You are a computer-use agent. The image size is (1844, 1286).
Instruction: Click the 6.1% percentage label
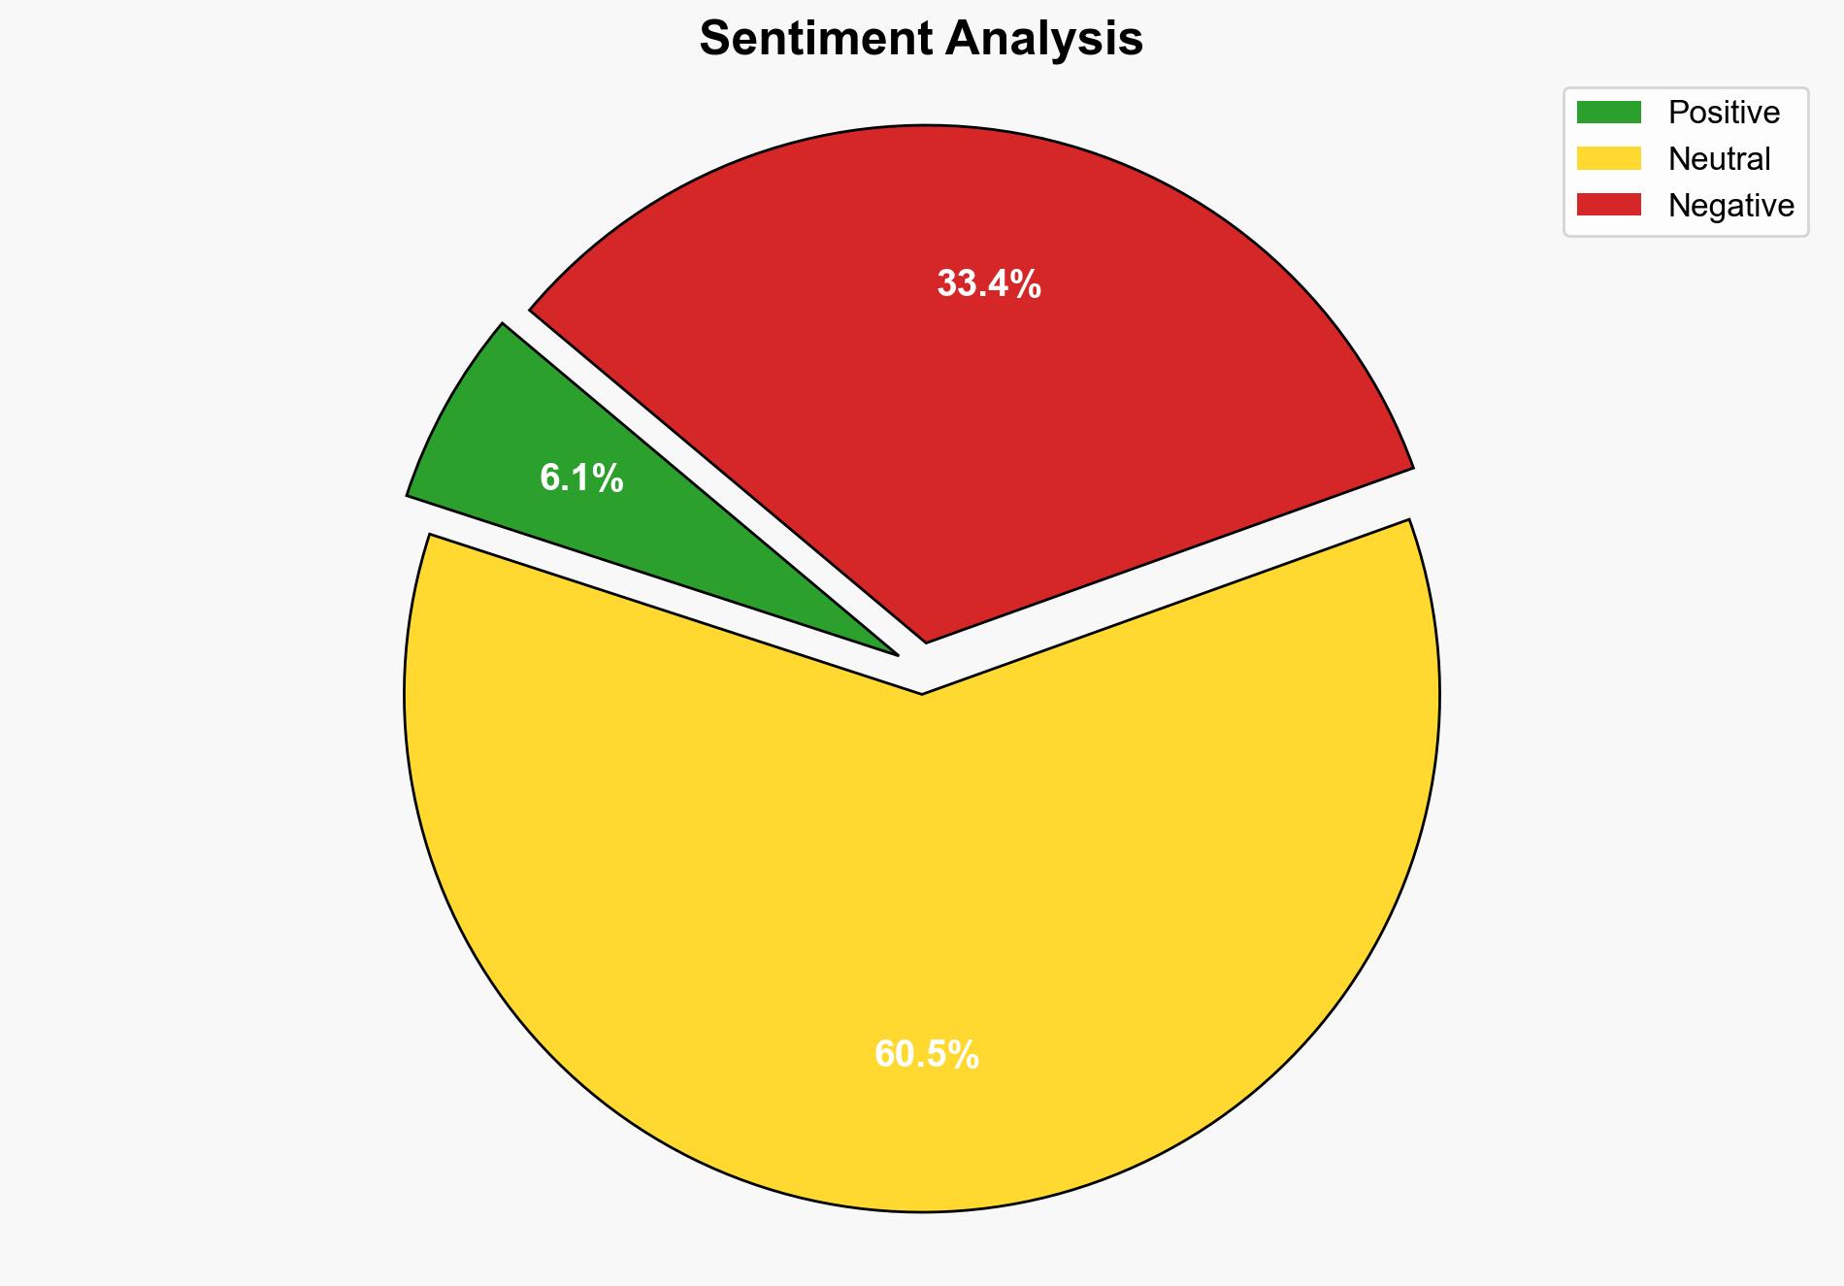tap(581, 478)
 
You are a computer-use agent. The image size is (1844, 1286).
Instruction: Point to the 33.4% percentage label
tap(988, 284)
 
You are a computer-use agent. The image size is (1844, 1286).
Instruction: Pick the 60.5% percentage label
tap(926, 1054)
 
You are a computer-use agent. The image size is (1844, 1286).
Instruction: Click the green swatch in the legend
tap(1608, 113)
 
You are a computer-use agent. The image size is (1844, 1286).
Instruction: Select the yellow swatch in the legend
tap(1608, 158)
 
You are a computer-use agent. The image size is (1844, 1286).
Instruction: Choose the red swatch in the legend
tap(1608, 205)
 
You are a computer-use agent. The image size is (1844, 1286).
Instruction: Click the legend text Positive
tap(1724, 113)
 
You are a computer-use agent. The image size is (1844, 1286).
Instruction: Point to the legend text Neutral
tap(1719, 158)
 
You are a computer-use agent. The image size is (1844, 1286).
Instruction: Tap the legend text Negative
tap(1730, 205)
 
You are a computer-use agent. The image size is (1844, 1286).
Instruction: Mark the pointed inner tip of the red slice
tap(926, 640)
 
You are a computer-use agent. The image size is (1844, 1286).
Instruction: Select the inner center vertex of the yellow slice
tap(921, 692)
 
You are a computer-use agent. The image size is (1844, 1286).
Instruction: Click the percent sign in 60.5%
tap(963, 1054)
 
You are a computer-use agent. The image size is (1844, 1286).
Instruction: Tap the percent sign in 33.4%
tap(1025, 284)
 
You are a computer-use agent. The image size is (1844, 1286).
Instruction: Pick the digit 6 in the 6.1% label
tap(549, 478)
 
